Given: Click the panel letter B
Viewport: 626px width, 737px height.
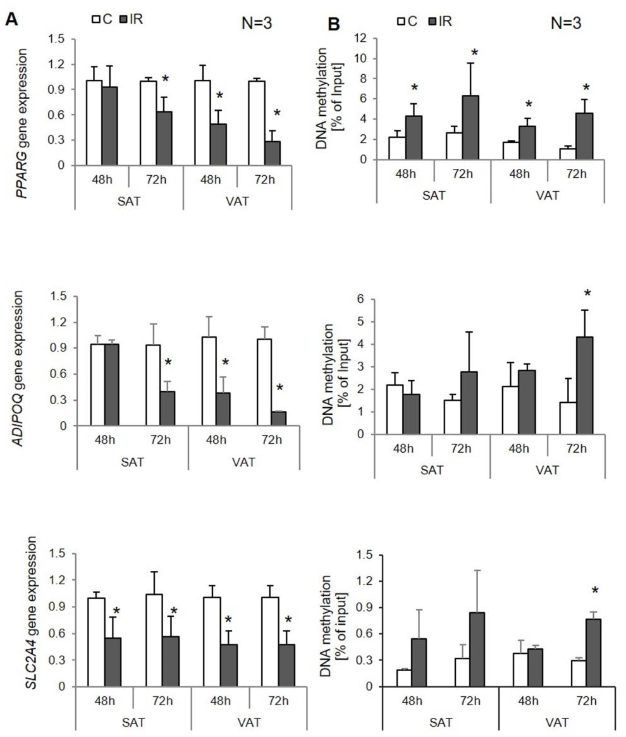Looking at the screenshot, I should (334, 24).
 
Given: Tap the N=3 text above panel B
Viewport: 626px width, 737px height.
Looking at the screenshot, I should (566, 23).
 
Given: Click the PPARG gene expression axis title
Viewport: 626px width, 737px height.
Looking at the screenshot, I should (22, 123).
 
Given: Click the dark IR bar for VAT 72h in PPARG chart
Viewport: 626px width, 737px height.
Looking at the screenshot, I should (273, 153).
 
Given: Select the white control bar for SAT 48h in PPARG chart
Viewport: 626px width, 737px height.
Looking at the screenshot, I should (94, 122).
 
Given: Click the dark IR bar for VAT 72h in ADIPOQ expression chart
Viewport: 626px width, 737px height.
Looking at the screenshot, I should (279, 418).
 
